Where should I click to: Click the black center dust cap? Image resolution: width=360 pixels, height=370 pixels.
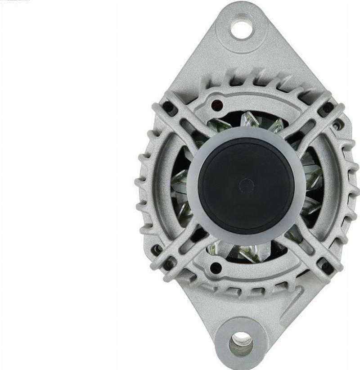point(246,185)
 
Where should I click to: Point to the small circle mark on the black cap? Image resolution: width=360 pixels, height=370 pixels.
point(246,185)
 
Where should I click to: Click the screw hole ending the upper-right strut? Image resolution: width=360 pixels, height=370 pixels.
point(325,108)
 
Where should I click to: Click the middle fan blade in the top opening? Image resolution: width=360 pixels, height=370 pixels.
point(248,121)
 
